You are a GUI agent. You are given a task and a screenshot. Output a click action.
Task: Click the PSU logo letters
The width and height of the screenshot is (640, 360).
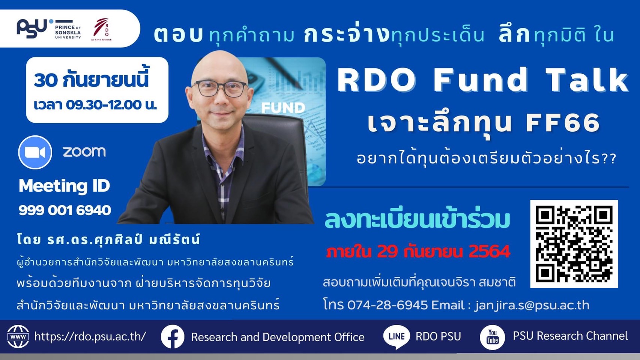click(32, 28)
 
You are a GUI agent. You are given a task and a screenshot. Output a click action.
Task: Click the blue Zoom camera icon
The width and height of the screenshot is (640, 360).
click(35, 152)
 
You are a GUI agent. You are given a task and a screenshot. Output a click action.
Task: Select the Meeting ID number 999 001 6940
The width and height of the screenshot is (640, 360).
click(65, 210)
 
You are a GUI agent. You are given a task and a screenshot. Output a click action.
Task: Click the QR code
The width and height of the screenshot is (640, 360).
click(574, 244)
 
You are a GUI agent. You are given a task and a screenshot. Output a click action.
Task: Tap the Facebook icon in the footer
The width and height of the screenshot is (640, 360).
click(173, 337)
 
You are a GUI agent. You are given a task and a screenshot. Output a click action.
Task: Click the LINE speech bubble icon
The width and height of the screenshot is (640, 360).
click(397, 337)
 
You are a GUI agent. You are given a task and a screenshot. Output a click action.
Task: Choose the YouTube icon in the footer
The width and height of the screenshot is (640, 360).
click(492, 337)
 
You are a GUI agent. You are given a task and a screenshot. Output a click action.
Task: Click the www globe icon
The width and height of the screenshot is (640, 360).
click(18, 337)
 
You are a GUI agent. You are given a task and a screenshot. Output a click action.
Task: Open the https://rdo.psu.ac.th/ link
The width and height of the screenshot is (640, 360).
click(90, 337)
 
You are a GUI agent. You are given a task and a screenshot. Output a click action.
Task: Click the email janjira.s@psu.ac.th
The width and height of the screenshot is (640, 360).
click(532, 305)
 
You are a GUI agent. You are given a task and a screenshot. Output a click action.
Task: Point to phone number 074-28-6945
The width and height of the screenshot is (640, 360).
click(388, 305)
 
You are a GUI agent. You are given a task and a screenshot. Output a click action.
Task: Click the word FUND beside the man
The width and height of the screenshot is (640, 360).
click(283, 108)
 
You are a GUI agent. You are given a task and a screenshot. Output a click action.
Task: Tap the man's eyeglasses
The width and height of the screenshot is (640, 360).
click(220, 88)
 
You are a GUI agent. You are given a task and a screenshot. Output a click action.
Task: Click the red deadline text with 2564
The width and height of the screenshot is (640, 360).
click(418, 251)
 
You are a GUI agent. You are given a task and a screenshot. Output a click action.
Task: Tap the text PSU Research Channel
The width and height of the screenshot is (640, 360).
click(570, 336)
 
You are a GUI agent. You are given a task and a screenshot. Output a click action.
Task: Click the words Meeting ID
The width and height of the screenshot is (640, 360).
click(64, 186)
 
